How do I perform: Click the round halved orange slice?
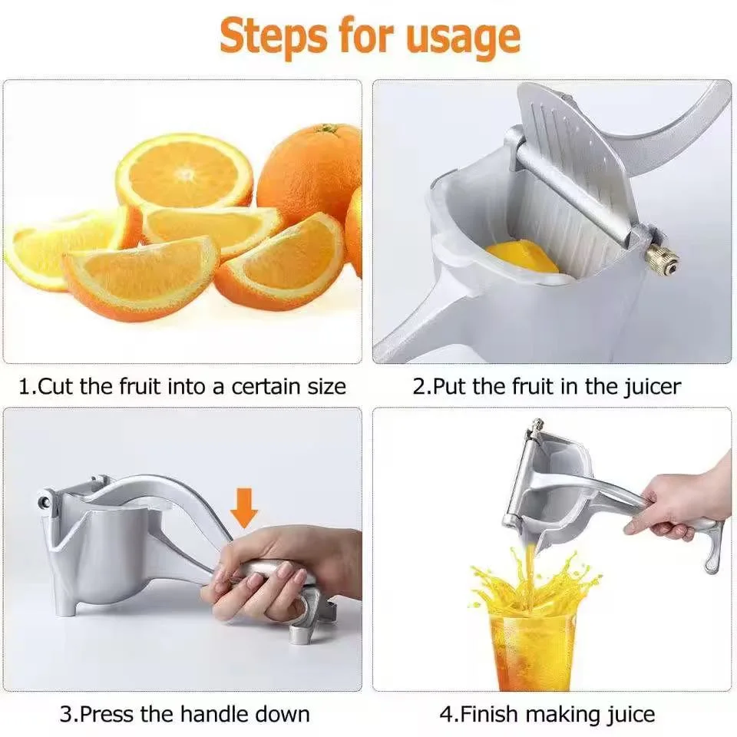coord(184,173)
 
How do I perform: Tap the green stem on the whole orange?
coord(329,129)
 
